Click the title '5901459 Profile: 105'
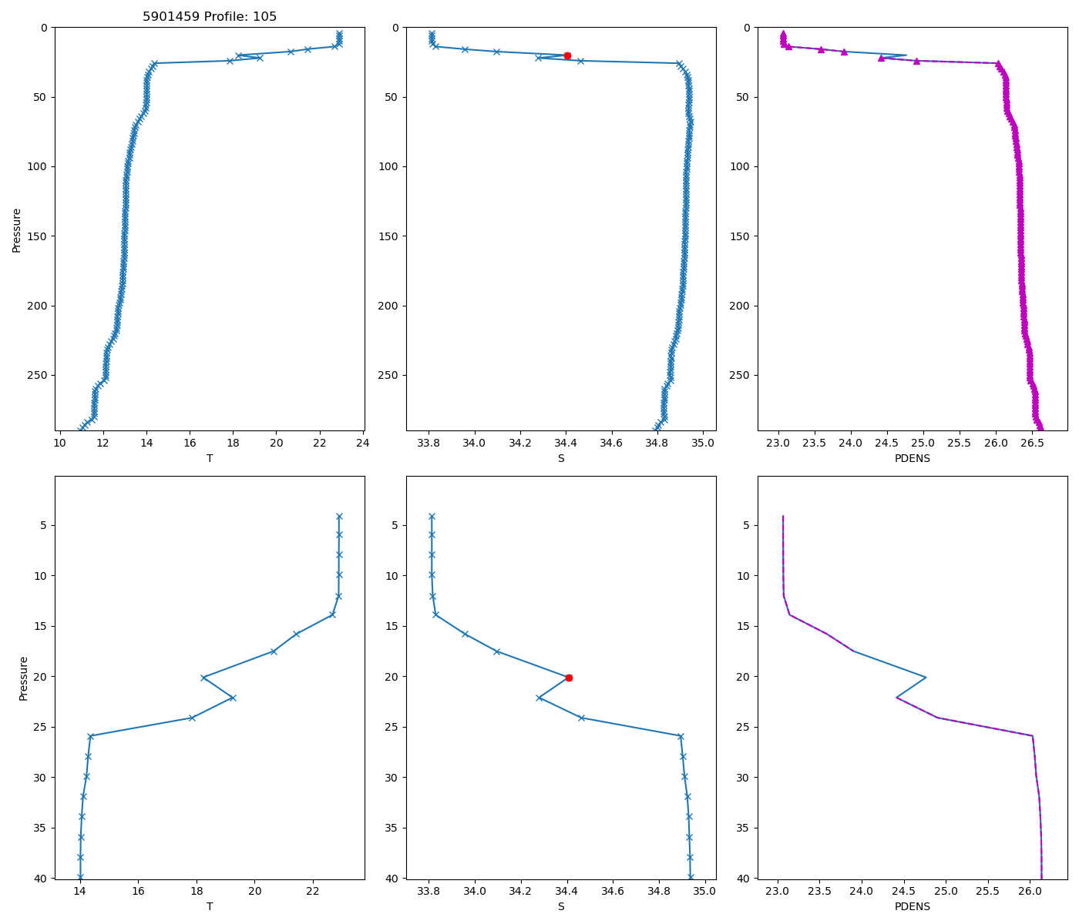tap(210, 17)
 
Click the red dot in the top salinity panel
tap(567, 55)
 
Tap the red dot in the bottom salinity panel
tap(569, 678)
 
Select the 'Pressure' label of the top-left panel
tap(17, 229)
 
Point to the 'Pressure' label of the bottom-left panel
tap(23, 678)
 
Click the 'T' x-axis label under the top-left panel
tap(210, 458)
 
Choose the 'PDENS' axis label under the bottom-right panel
tap(913, 906)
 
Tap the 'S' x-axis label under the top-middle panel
tap(561, 458)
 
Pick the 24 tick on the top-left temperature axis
tap(361, 443)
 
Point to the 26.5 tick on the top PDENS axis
tap(1031, 443)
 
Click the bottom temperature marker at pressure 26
tap(90, 736)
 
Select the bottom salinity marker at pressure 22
tap(539, 698)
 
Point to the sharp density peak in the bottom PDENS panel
tap(925, 678)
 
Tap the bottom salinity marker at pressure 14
tap(435, 614)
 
